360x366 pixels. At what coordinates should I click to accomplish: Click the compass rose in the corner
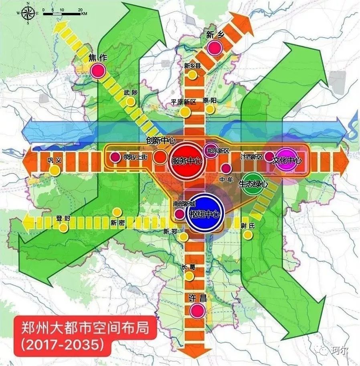coord(27,13)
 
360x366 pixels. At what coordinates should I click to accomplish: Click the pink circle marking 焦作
coord(97,71)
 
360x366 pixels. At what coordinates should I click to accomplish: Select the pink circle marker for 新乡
coord(215,48)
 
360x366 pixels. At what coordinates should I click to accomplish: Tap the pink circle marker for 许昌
coord(197,310)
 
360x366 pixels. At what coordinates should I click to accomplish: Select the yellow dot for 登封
coord(63,228)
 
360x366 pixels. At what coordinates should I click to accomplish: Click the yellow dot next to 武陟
coord(130,102)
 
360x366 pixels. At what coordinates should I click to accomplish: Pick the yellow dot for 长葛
coord(189,277)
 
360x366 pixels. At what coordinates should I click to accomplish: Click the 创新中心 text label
coord(161,141)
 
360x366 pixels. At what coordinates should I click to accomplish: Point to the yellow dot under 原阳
coord(210,109)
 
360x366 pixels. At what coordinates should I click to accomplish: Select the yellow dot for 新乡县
coord(192,75)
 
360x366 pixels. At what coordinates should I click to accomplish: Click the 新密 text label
coord(118,223)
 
